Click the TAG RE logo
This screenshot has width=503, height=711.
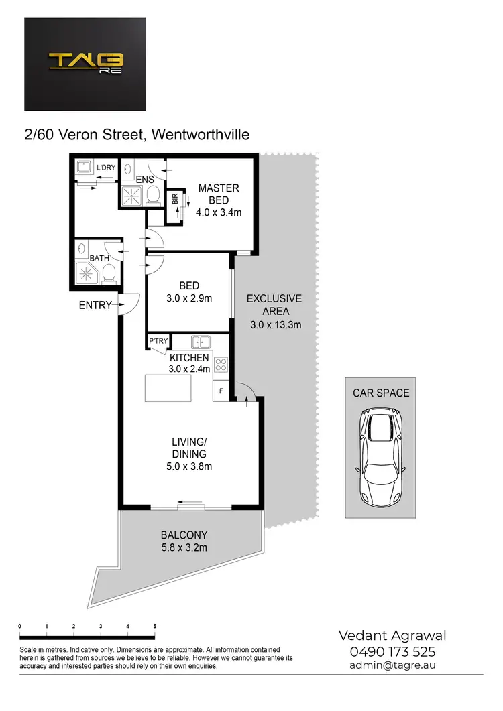tap(85, 64)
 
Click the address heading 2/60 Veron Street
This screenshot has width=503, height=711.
tap(137, 135)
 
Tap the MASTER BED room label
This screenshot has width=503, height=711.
tap(219, 194)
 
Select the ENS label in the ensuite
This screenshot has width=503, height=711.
tap(145, 180)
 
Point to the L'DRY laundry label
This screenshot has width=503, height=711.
tap(107, 168)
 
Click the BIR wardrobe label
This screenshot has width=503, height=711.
tap(175, 199)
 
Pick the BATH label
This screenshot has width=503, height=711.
tap(91, 257)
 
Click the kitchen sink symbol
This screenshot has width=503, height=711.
tap(201, 341)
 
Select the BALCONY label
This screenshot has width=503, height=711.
tap(184, 535)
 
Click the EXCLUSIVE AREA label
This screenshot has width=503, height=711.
tap(274, 305)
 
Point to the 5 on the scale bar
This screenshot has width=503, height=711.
tap(155, 626)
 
